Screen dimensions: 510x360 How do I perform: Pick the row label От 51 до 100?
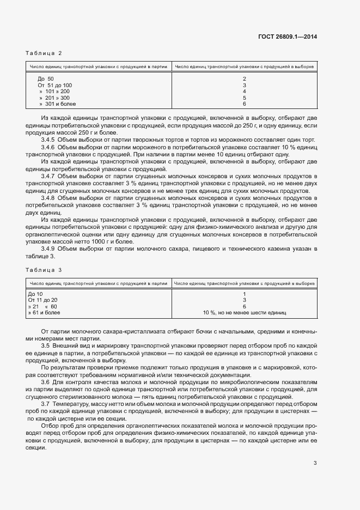tap(54, 86)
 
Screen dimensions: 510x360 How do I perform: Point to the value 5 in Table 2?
tap(245, 98)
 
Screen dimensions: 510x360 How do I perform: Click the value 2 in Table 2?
tap(245, 79)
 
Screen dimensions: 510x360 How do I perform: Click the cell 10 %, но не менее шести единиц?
tap(245, 313)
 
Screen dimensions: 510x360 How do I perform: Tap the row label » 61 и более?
tap(44, 313)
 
